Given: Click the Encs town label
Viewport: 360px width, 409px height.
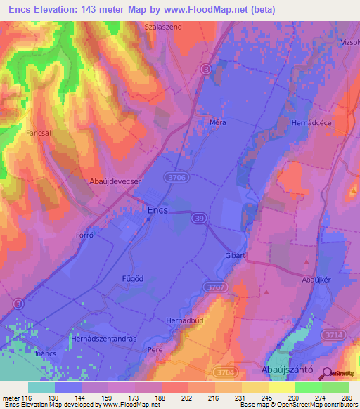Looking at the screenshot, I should pos(157,209).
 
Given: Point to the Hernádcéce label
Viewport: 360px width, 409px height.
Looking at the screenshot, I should pos(309,122).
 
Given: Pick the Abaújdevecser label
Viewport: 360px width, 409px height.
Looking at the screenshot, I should pos(115,181).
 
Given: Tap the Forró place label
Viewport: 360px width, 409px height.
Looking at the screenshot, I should pos(85,236).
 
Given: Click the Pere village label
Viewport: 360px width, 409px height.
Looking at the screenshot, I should pos(155,349).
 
